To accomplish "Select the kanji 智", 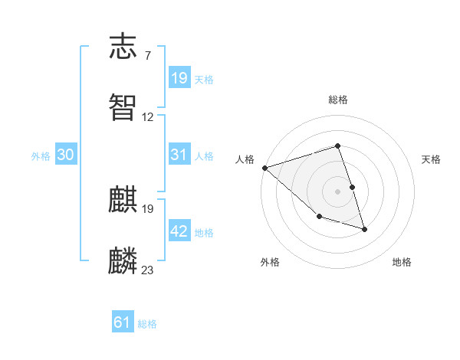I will [123, 106].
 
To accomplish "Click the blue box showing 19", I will [179, 77].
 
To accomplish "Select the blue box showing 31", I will [179, 155].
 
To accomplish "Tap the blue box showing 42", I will [179, 231].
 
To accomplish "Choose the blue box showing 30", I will [66, 155].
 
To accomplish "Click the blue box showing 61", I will [123, 322].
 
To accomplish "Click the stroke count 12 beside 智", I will [148, 117].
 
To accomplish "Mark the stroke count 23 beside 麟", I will [148, 270].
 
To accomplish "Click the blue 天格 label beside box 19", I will [204, 79].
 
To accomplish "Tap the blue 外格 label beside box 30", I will [41, 155].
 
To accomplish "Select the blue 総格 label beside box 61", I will [147, 323].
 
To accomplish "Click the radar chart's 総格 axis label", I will [338, 100].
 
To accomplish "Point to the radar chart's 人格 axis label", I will [245, 159].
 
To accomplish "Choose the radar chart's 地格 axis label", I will [402, 262].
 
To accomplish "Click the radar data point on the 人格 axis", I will [264, 167].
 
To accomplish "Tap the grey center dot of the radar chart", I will [338, 191].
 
